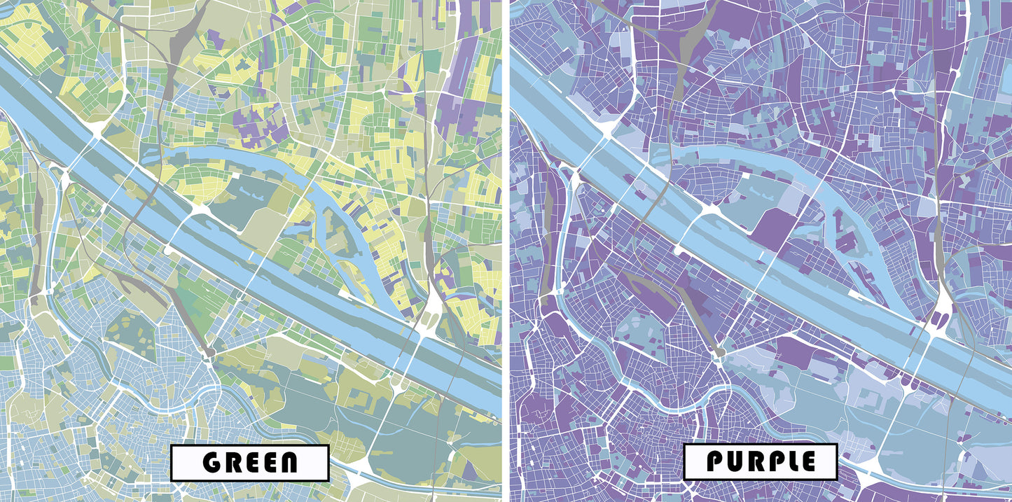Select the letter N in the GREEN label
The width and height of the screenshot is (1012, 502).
coord(286,463)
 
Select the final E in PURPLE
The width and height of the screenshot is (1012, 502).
coord(805,461)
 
